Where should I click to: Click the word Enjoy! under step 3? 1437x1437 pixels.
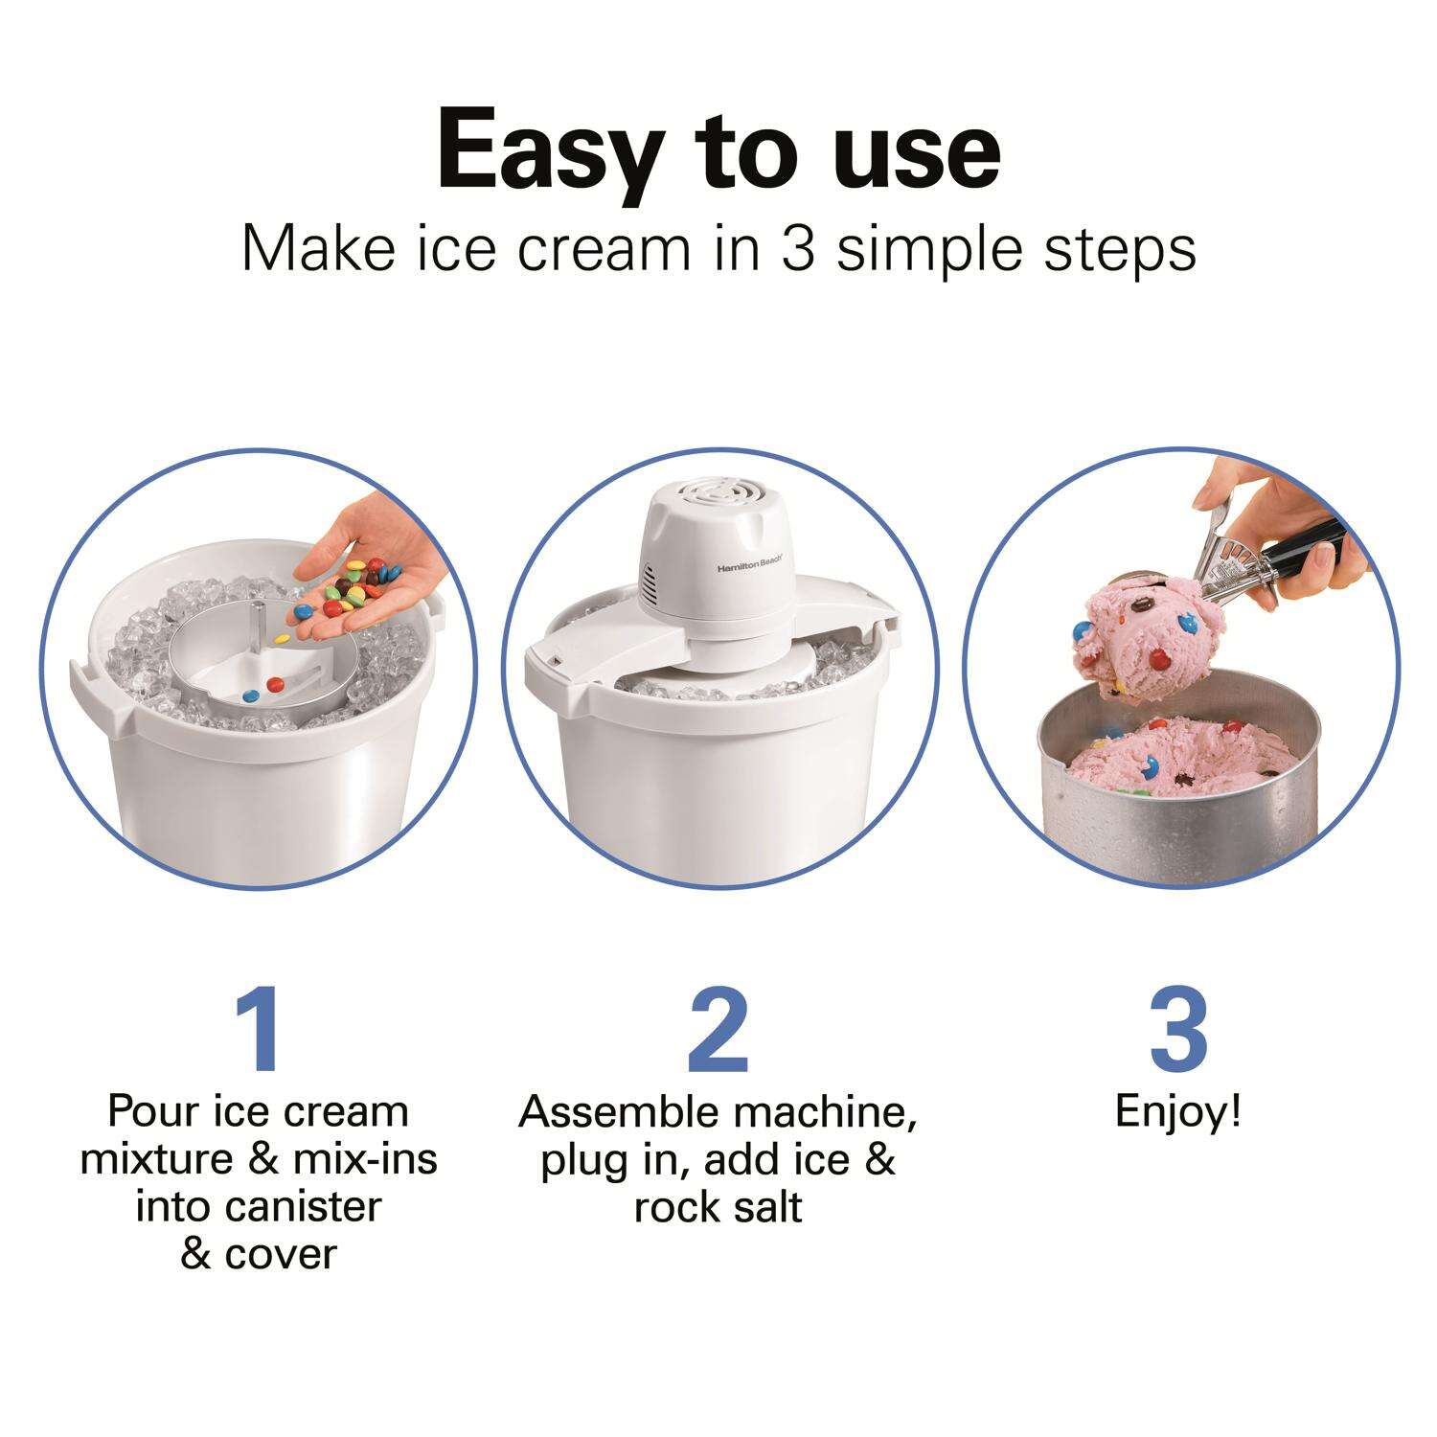tap(1178, 1113)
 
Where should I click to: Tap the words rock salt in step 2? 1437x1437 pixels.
tap(718, 1206)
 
